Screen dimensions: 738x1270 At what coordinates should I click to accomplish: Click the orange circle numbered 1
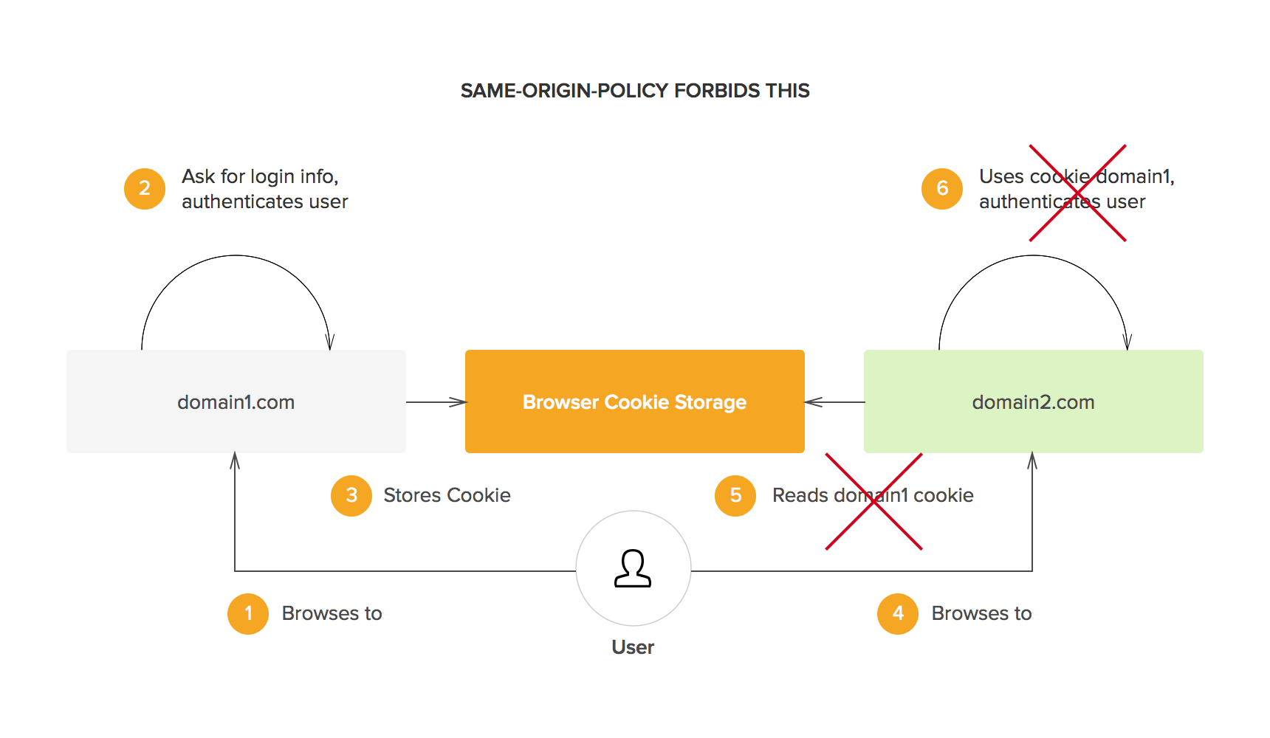click(248, 613)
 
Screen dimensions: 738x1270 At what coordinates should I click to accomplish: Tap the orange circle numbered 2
click(145, 188)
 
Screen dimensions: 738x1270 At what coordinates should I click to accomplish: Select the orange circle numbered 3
click(351, 495)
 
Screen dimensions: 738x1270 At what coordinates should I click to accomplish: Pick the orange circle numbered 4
click(898, 613)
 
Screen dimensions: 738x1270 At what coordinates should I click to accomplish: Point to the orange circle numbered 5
click(735, 495)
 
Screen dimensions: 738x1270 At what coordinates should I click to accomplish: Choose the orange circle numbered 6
click(942, 188)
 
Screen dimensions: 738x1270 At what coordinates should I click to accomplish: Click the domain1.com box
click(236, 401)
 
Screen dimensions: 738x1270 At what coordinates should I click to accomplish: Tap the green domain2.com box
click(1034, 401)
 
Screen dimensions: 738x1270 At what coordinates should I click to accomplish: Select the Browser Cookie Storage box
click(635, 401)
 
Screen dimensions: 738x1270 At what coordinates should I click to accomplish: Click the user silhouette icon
click(633, 568)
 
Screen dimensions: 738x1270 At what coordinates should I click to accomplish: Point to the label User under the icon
click(633, 647)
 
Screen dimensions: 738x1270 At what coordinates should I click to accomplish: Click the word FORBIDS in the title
click(717, 91)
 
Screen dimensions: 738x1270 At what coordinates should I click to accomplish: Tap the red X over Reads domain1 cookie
click(874, 502)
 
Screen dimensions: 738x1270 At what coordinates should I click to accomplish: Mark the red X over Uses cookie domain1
click(1078, 193)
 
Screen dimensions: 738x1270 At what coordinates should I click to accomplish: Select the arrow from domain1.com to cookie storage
click(436, 402)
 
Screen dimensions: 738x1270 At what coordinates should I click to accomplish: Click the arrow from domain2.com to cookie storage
click(834, 402)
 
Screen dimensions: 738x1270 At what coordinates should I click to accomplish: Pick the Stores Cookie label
click(447, 495)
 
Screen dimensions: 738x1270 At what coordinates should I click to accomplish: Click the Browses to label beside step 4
click(981, 613)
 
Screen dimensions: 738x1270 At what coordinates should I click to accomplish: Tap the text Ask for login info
click(260, 176)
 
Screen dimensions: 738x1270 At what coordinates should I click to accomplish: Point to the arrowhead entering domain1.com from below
click(235, 461)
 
